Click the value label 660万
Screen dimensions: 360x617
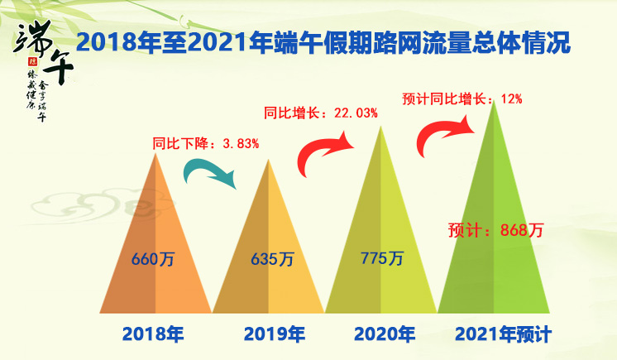pyautogui.click(x=153, y=259)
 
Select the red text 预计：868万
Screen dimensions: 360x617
pyautogui.click(x=495, y=230)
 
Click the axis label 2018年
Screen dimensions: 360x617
pyautogui.click(x=152, y=335)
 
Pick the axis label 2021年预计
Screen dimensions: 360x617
pyautogui.click(x=503, y=335)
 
